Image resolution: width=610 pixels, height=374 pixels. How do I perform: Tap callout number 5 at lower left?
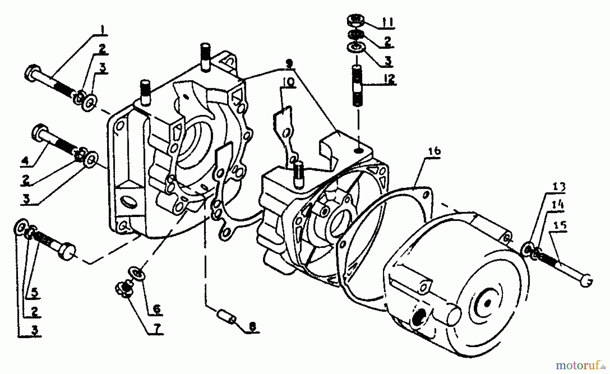click(x=35, y=292)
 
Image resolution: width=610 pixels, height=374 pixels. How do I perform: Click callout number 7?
click(x=157, y=328)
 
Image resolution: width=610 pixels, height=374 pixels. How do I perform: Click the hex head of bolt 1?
click(x=31, y=72)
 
